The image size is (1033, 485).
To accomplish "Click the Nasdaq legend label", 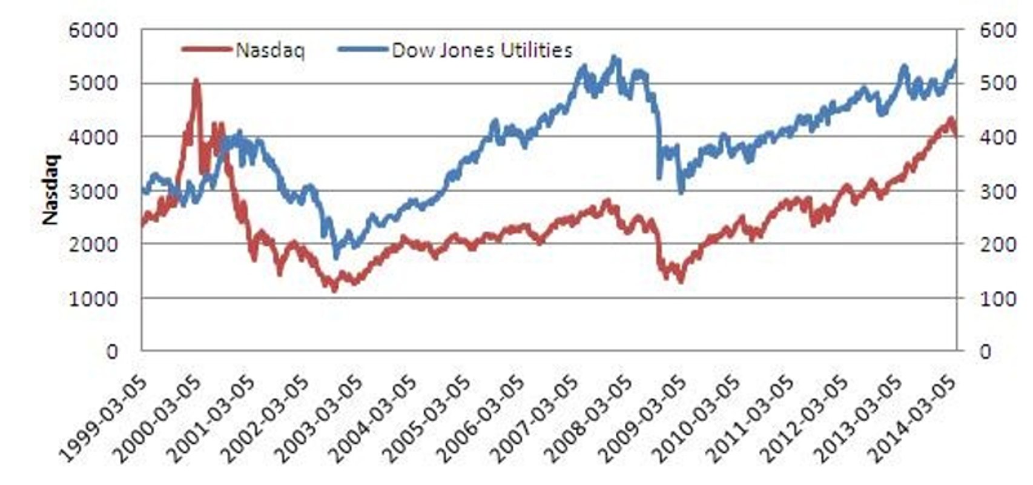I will (x=269, y=50).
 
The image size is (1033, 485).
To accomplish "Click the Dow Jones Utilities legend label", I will (x=482, y=50).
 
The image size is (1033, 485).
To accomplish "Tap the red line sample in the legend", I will (x=206, y=49).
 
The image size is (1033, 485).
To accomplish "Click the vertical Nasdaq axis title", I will (x=51, y=190).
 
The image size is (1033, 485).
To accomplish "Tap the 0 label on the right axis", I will (x=985, y=352).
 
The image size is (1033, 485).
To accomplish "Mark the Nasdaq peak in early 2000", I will (x=196, y=81).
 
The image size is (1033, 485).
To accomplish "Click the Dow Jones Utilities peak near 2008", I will (x=615, y=58).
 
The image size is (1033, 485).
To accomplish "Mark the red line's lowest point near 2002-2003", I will (x=334, y=289).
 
